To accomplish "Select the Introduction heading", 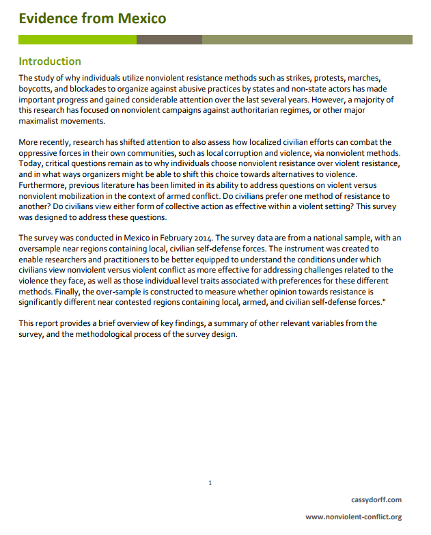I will pos(50,61).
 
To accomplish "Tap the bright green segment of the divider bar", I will pos(77,40).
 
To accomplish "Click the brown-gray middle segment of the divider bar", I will pos(169,40).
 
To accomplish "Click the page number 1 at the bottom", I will pos(210,483).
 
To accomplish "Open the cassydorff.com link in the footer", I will pos(376,500).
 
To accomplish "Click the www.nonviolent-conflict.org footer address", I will pos(353,517).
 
